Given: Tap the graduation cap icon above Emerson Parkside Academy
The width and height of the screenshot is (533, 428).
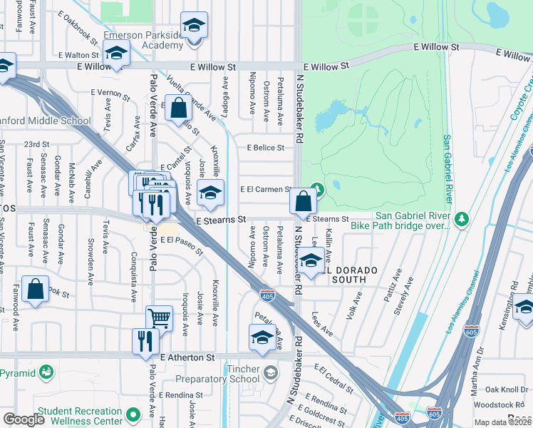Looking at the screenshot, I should point(193,27).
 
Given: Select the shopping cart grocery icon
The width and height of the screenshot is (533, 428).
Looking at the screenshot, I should point(159,318).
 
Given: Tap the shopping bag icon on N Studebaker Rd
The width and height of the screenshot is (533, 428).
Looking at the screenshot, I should point(304,201).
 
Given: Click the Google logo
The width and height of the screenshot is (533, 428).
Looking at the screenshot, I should point(24,419).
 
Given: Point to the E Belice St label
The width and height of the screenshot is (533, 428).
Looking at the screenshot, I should point(265,148).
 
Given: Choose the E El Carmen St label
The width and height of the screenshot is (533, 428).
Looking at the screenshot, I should point(266,190).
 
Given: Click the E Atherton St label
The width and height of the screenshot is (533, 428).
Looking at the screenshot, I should point(187,357).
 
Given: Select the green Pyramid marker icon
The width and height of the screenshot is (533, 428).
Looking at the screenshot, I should point(46,372).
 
